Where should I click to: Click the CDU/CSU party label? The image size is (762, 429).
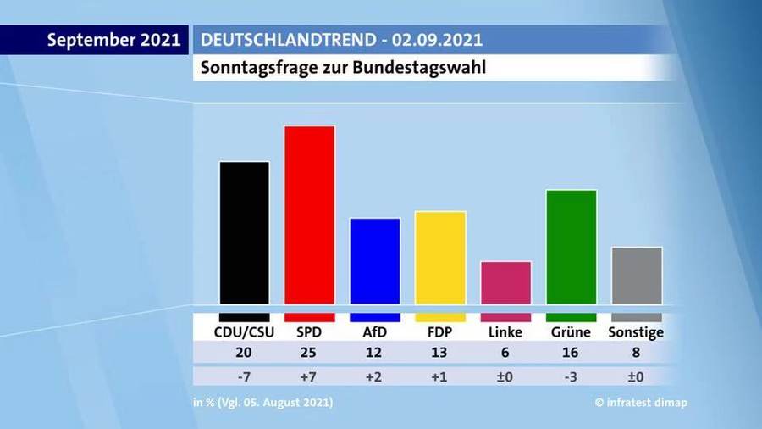point(245,332)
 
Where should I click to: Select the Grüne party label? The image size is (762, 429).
point(571,332)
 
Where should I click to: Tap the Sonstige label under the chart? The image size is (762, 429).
point(636,332)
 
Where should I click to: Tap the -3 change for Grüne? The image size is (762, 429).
point(571,376)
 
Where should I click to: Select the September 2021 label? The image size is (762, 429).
point(113,40)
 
